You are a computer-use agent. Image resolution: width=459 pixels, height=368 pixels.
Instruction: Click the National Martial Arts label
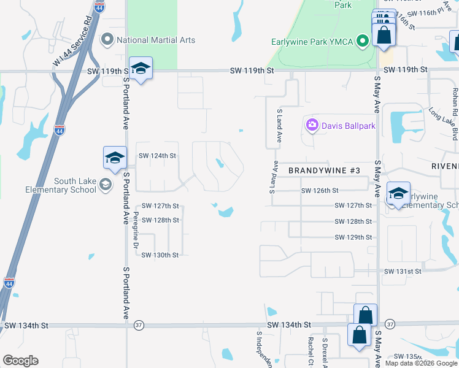pyautogui.click(x=155, y=40)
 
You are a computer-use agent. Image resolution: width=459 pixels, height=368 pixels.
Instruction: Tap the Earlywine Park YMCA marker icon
pyautogui.click(x=363, y=42)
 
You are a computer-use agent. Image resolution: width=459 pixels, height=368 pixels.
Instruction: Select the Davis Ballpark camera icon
pyautogui.click(x=312, y=126)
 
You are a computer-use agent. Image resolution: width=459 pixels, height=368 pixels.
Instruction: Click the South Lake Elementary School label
pyautogui.click(x=61, y=185)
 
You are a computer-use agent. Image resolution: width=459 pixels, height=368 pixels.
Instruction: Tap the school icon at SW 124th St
pyautogui.click(x=115, y=158)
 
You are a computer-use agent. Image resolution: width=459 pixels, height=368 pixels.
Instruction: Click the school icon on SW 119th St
pyautogui.click(x=141, y=69)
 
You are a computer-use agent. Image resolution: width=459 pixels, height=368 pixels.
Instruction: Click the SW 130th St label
pyautogui.click(x=160, y=255)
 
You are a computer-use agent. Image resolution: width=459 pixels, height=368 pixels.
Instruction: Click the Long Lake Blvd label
pyautogui.click(x=443, y=123)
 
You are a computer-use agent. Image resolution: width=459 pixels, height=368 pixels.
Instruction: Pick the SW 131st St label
pyautogui.click(x=403, y=271)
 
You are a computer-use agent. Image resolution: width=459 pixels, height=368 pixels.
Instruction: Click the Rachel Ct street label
pyautogui.click(x=311, y=352)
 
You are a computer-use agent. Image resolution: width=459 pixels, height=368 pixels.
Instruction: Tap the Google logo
pyautogui.click(x=20, y=361)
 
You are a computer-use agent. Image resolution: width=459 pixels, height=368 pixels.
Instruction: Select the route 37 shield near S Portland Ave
pyautogui.click(x=139, y=325)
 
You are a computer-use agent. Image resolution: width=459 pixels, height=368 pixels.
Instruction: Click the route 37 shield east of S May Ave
pyautogui.click(x=390, y=323)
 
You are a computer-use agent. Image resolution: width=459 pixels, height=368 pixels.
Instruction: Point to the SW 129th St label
pyautogui.click(x=353, y=237)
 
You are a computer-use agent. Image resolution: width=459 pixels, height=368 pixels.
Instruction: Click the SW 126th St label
pyautogui.click(x=320, y=191)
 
